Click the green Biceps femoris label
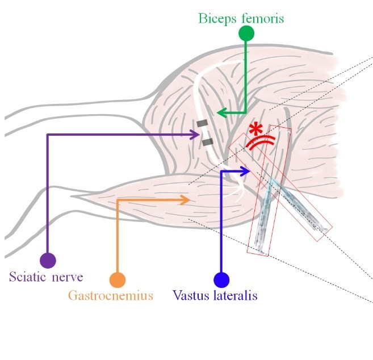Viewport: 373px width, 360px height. pos(241,18)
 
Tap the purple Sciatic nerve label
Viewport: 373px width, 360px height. pos(47,278)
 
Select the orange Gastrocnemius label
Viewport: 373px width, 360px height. pos(111,296)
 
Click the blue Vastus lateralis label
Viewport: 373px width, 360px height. pos(215,296)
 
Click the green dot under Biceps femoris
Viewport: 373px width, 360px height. pos(246,33)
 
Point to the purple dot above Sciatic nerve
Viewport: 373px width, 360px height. pos(48,261)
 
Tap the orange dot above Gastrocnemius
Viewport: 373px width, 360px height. pos(117,280)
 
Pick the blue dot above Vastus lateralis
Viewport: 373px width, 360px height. pos(221,280)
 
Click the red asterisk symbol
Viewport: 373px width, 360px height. pos(258,127)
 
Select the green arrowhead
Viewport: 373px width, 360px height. pos(223,113)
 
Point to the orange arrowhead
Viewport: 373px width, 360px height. pos(185,199)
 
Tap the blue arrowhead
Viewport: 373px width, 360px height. pos(246,170)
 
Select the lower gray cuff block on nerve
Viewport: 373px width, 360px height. pos(207,141)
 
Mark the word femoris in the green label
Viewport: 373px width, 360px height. pos(262,18)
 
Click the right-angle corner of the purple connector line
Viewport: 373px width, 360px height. pos(48,135)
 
